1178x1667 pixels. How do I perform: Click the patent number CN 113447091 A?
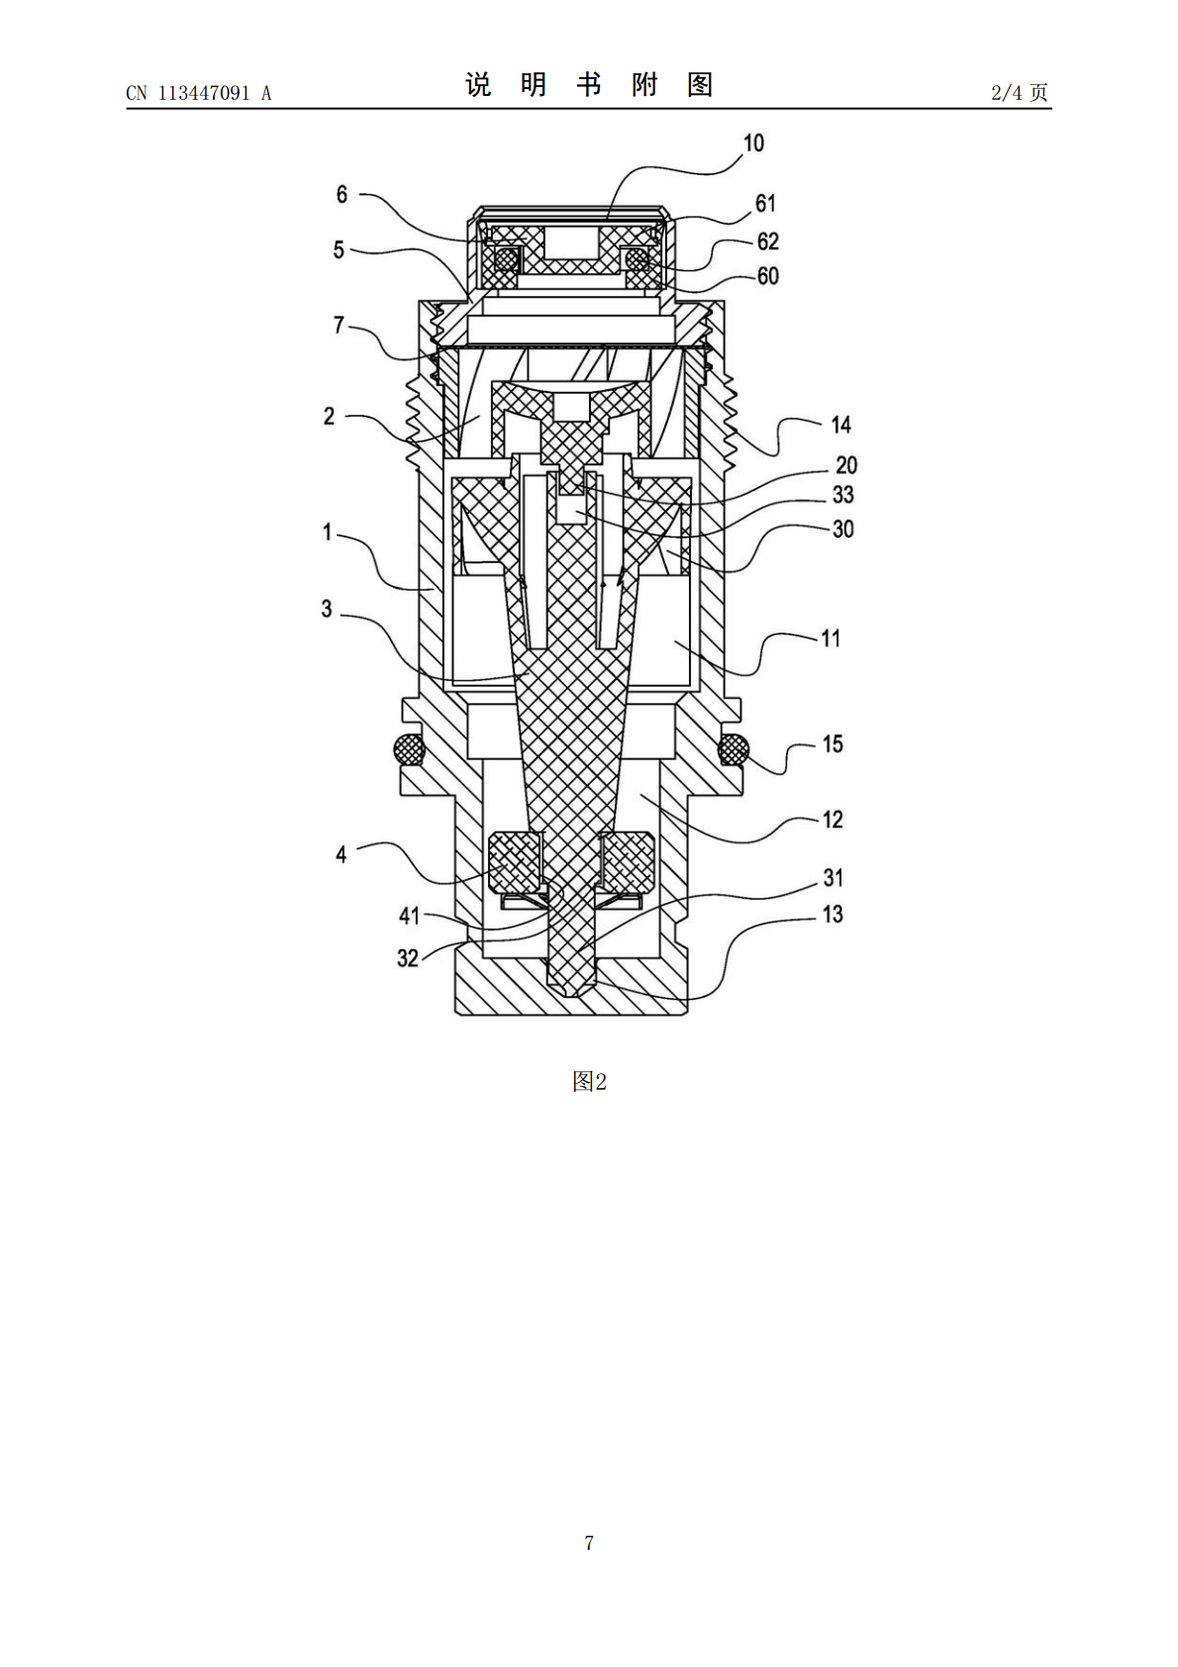(x=199, y=93)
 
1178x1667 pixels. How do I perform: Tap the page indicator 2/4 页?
(x=1019, y=92)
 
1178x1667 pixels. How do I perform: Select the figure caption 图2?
(x=589, y=1081)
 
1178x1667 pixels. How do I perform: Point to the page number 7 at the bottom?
(x=589, y=1542)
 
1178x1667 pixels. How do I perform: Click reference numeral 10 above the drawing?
(x=753, y=143)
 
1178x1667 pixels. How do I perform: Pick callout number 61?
(x=765, y=203)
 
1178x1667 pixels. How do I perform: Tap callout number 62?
(x=767, y=242)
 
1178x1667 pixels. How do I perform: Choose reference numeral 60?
(x=767, y=276)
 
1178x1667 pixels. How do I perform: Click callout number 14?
(x=840, y=425)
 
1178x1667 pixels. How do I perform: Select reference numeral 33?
(x=842, y=494)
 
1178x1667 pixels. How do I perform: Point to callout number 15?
(x=832, y=744)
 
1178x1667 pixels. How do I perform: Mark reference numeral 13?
(x=832, y=914)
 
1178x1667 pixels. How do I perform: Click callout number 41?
(x=409, y=916)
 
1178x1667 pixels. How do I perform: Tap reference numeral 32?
(x=407, y=958)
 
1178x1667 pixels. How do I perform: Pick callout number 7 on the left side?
(x=339, y=326)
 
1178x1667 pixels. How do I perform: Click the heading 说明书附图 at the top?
(x=589, y=85)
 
